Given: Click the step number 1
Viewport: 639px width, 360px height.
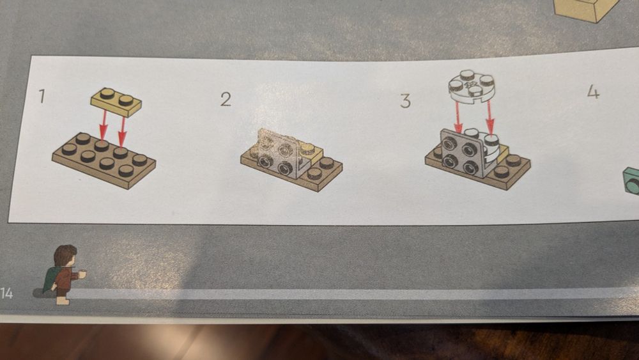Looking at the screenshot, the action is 42,96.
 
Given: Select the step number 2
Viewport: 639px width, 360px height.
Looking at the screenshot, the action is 226,99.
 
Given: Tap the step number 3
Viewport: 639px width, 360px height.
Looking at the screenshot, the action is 405,100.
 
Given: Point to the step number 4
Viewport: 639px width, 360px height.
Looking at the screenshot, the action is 594,92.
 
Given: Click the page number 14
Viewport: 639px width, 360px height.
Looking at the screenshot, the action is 6,293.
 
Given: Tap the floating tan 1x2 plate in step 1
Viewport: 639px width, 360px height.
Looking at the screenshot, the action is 116,101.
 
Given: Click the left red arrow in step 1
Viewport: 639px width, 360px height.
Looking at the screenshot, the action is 104,125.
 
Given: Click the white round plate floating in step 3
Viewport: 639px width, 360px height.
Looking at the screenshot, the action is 472,85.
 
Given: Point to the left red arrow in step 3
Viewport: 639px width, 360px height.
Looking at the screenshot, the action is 458,118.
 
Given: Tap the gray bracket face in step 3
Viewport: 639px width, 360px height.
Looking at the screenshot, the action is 461,153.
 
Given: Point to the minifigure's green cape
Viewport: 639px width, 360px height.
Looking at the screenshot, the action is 51,279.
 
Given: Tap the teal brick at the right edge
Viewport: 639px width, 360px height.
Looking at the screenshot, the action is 631,180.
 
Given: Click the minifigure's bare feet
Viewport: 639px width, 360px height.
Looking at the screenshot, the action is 63,301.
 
